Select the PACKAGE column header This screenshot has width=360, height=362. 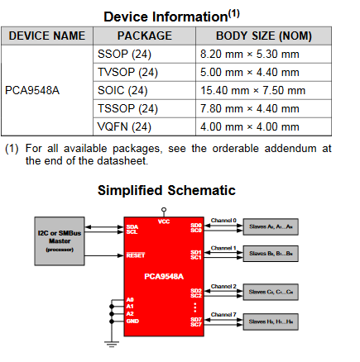pyautogui.click(x=144, y=36)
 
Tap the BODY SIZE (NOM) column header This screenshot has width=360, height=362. pyautogui.click(x=263, y=36)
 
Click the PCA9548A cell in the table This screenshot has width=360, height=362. pyautogui.click(x=32, y=90)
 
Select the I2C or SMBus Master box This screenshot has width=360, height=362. pyautogui.click(x=60, y=240)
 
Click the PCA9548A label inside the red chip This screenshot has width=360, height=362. pyautogui.click(x=163, y=276)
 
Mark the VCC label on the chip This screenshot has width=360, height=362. pyautogui.click(x=163, y=221)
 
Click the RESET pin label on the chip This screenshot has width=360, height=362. pyautogui.click(x=135, y=255)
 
